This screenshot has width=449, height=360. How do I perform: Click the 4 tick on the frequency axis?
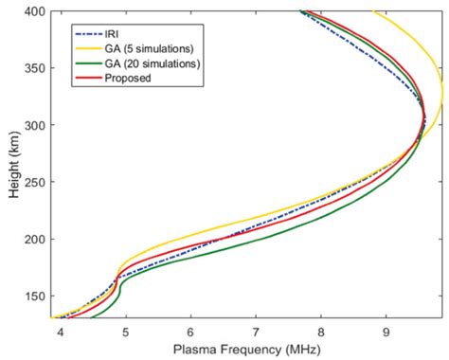tap(61, 331)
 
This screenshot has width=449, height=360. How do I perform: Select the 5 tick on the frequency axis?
tap(125, 331)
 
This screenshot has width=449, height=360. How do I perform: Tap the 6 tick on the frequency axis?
tap(190, 331)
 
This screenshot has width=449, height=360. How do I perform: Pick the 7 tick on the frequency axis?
tap(256, 331)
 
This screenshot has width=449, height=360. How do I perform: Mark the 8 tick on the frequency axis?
tap(321, 331)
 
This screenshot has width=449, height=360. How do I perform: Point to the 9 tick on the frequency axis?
tap(386, 331)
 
